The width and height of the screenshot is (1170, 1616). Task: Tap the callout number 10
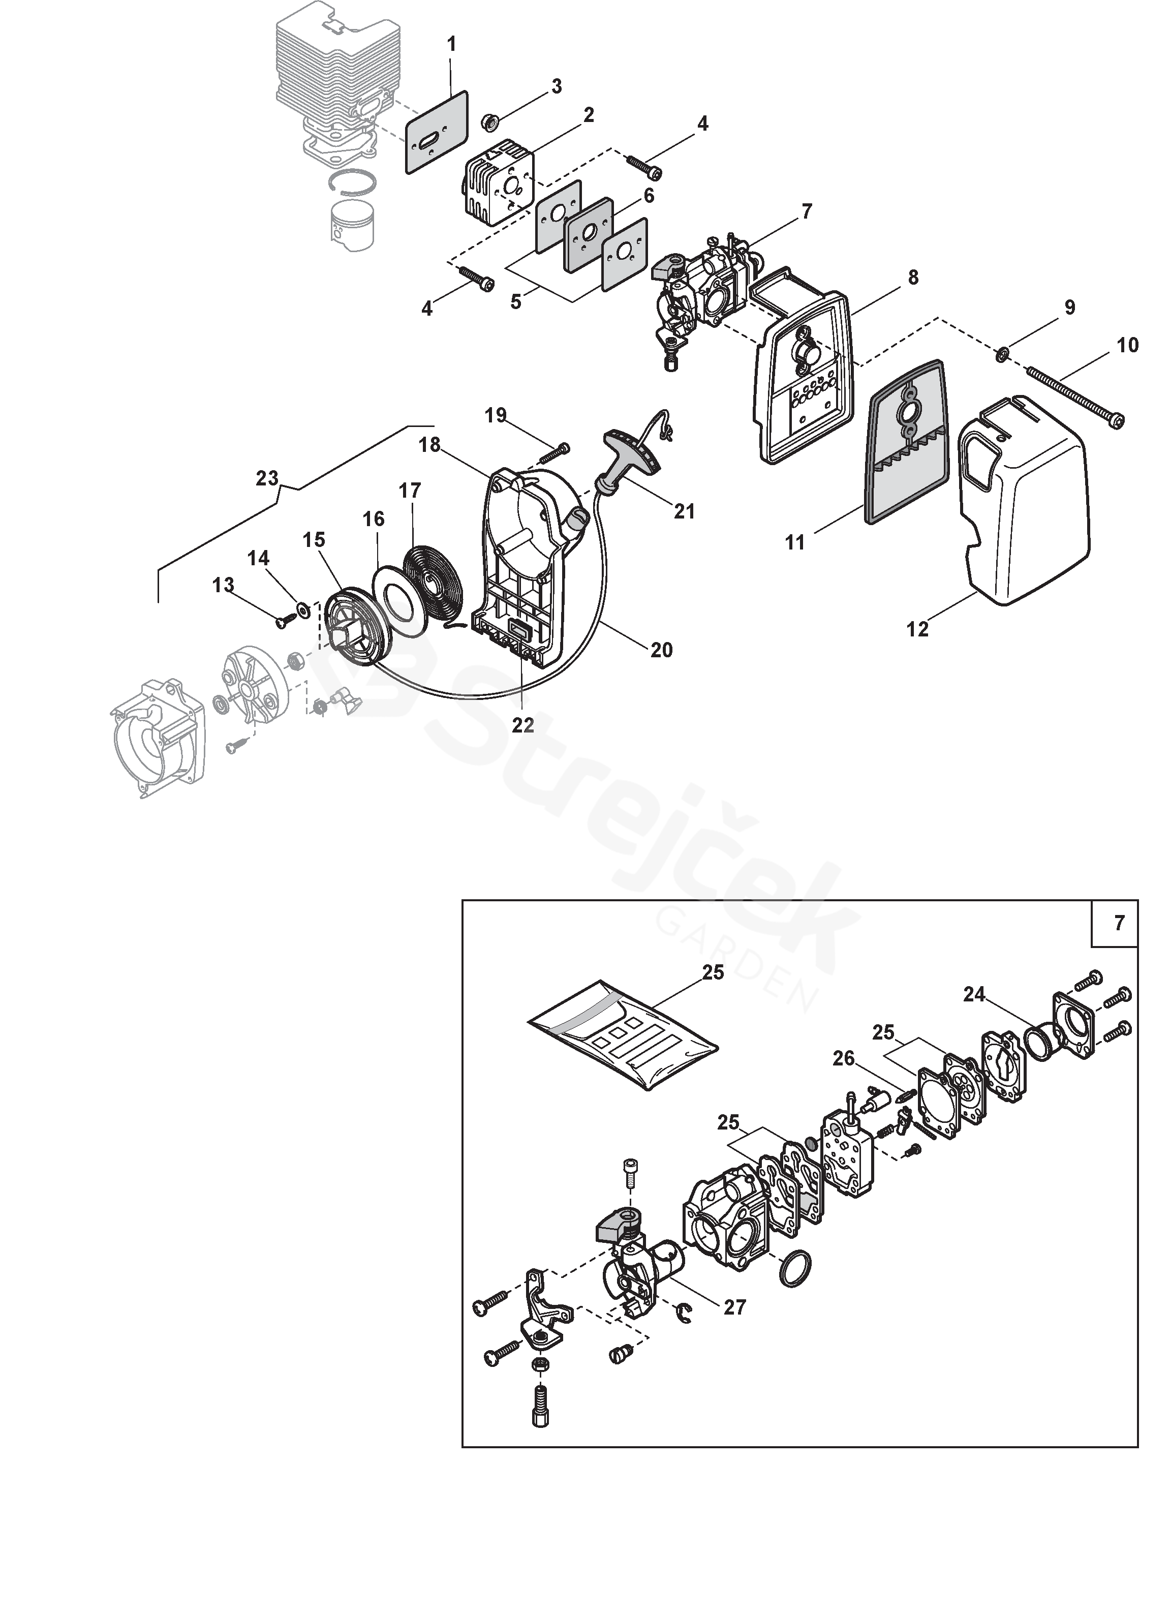[1128, 346]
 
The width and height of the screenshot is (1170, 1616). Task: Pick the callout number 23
[267, 478]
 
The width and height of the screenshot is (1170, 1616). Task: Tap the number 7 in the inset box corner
[1119, 923]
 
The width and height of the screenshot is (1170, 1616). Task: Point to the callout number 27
[734, 1307]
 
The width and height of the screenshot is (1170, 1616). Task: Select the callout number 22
[522, 725]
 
